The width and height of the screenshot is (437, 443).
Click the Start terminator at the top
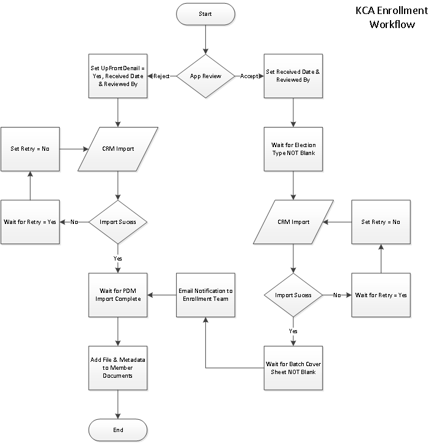tap(206, 13)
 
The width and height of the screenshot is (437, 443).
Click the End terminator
tap(118, 430)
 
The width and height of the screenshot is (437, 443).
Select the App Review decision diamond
tap(206, 76)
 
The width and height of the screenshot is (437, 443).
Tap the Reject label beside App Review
tap(161, 76)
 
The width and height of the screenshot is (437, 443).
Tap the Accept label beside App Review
tap(249, 76)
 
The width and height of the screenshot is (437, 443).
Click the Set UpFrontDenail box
tap(118, 76)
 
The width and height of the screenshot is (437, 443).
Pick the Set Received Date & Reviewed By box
tap(293, 76)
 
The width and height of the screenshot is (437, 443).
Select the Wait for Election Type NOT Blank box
tap(293, 149)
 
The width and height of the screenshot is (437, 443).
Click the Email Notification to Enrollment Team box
tap(205, 295)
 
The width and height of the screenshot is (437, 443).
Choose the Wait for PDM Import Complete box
tap(118, 295)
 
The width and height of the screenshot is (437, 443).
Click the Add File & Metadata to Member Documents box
tap(118, 368)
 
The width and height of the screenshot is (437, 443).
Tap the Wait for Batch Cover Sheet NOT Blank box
tap(293, 368)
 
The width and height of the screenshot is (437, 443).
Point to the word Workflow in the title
tap(392, 25)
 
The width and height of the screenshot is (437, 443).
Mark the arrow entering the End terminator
tap(118, 405)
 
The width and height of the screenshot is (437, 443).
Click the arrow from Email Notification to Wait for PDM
tap(162, 295)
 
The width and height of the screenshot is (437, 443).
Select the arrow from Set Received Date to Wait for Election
tap(293, 112)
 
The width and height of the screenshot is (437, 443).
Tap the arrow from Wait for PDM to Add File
tap(118, 332)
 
